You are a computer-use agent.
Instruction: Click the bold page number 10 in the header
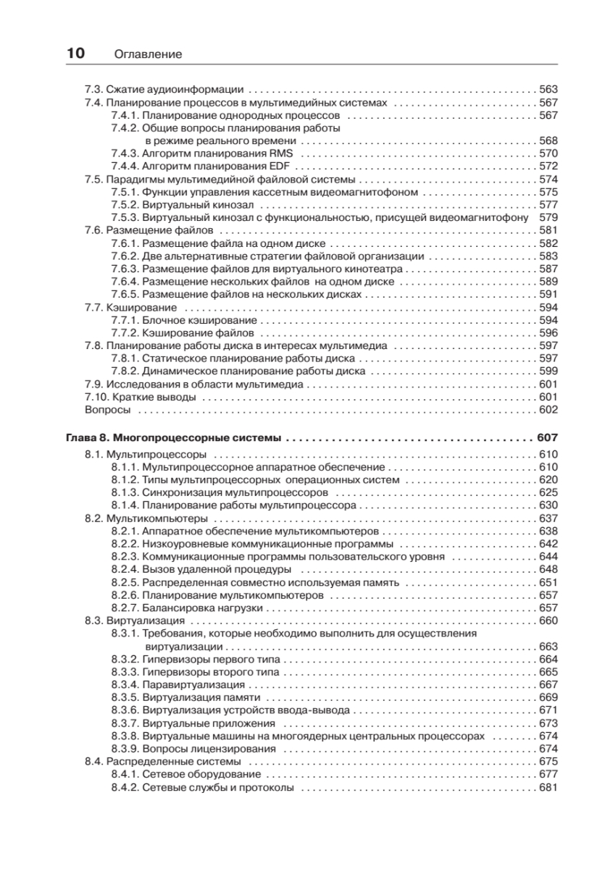75,53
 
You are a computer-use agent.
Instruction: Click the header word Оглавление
148,54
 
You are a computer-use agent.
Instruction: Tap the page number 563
548,90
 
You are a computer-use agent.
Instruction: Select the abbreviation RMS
281,154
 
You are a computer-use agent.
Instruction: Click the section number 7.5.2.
125,205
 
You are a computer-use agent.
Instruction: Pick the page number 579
548,217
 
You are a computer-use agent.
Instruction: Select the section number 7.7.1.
125,320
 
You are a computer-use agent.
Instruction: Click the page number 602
548,409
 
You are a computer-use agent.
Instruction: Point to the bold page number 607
548,438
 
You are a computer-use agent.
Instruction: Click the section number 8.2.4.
125,569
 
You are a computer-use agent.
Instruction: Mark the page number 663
548,646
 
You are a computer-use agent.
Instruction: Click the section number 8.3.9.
125,748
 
